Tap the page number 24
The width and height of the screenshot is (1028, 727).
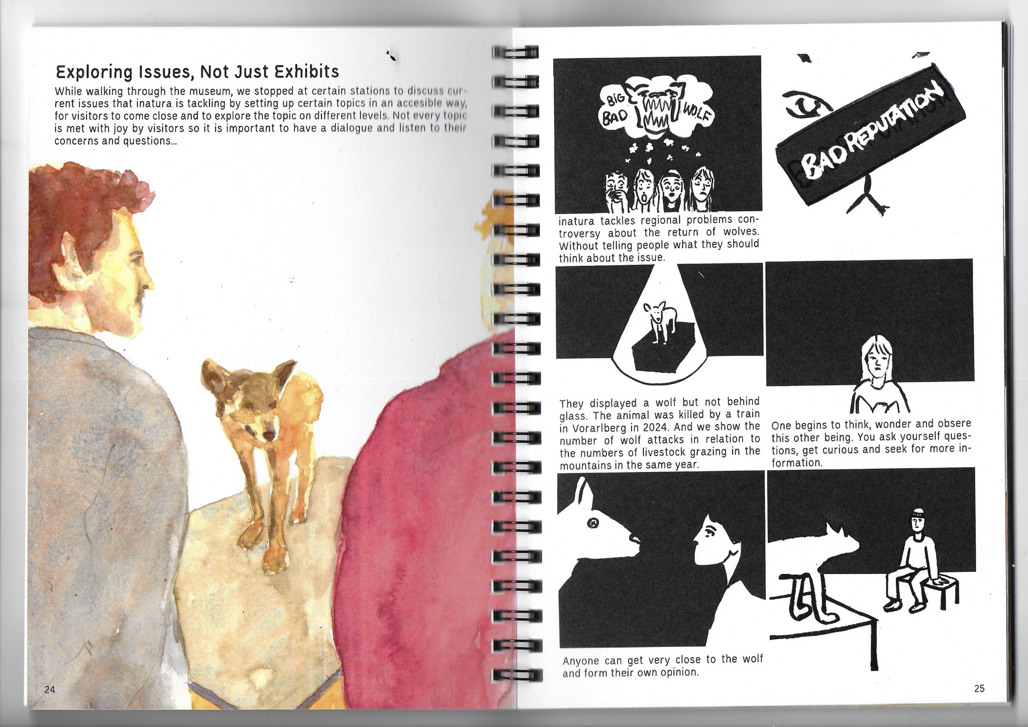[x=50, y=689]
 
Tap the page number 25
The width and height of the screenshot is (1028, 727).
[x=979, y=688]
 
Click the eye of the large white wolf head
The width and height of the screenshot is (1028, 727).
[x=594, y=522]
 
